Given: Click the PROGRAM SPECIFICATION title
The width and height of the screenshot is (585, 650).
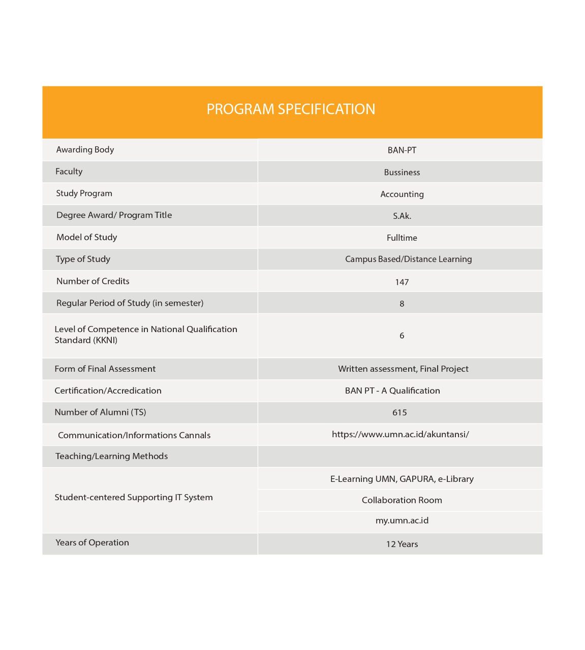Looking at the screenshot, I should click(x=291, y=109).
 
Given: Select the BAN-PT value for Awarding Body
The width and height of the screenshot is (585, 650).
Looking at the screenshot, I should click(x=402, y=150).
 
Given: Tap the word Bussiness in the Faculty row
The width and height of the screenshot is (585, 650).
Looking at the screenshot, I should click(x=402, y=172).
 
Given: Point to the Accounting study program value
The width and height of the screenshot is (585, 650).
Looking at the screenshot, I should click(x=402, y=194).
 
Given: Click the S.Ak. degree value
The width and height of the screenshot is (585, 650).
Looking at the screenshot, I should click(x=402, y=216).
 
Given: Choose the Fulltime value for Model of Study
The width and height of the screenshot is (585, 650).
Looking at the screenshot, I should click(x=402, y=238).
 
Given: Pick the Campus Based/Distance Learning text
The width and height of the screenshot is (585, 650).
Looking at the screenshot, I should click(x=408, y=259).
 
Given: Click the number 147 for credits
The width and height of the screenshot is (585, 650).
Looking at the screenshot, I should click(x=402, y=282).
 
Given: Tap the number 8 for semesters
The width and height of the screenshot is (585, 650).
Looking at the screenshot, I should click(x=402, y=304).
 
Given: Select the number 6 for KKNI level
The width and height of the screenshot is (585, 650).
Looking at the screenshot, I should click(x=402, y=336).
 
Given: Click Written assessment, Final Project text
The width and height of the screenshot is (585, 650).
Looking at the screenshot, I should click(x=403, y=369).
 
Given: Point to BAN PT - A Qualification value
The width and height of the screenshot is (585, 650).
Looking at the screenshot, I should click(x=392, y=391).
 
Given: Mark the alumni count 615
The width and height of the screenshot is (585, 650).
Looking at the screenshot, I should click(x=399, y=412).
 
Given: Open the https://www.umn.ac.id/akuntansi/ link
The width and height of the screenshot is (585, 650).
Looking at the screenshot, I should click(x=400, y=434).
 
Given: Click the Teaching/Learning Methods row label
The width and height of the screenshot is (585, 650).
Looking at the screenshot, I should click(x=111, y=456).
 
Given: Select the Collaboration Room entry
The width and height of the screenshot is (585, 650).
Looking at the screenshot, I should click(x=402, y=500).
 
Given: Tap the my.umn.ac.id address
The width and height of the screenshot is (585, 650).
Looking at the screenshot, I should click(x=402, y=521).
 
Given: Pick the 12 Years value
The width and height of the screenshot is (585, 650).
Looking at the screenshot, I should click(x=402, y=544).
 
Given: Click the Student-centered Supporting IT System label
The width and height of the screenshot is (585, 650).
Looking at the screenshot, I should click(x=134, y=497).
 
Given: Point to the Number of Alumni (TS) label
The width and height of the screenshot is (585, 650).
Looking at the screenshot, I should click(x=100, y=412).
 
